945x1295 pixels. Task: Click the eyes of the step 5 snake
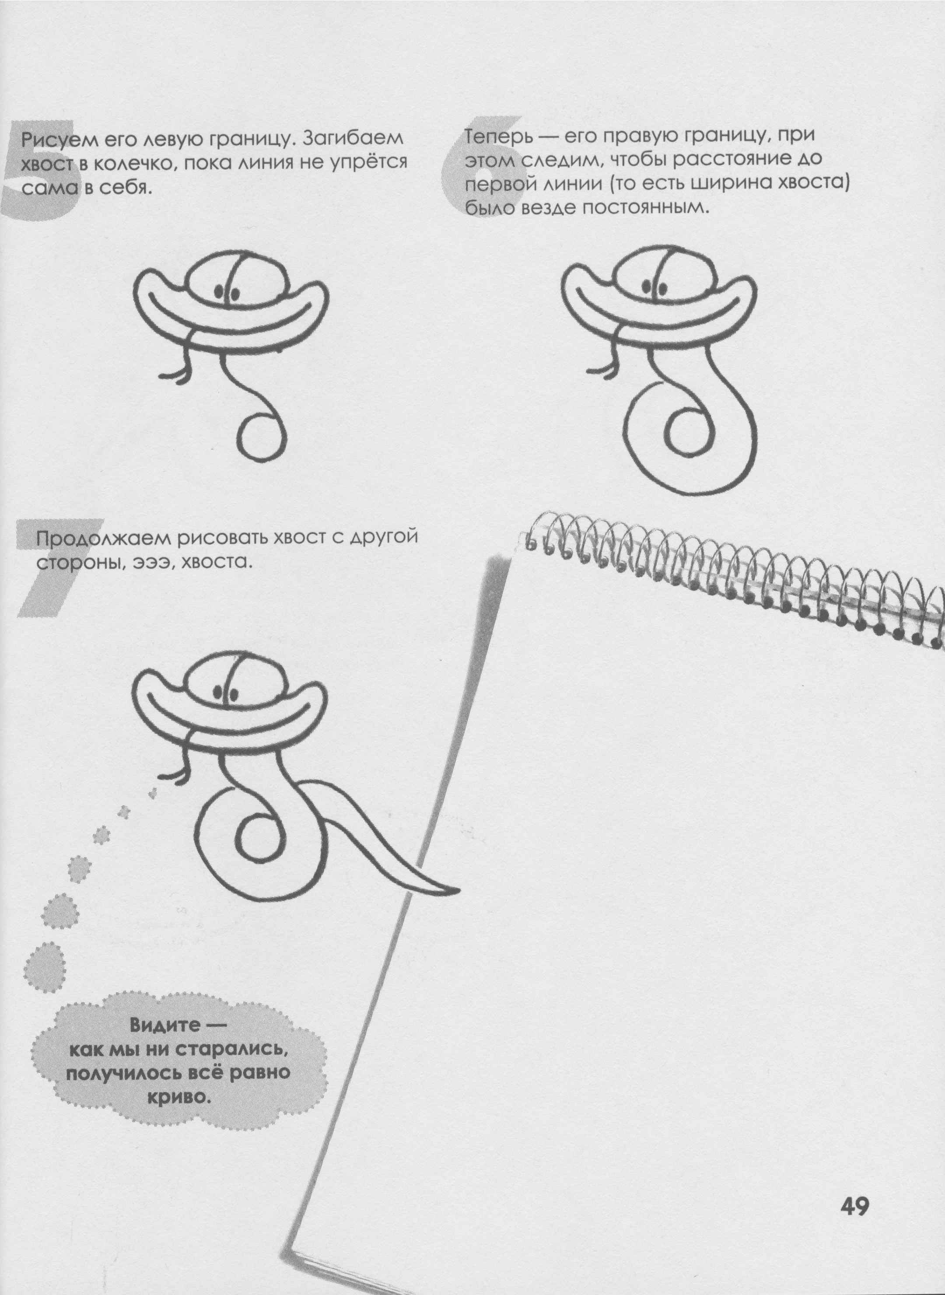click(227, 292)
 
